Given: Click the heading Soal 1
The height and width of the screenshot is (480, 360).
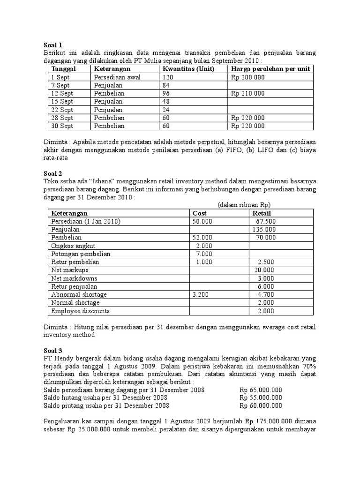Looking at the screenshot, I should pos(52,45).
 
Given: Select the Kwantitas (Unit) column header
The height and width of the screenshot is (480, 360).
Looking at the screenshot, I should pos(188,69).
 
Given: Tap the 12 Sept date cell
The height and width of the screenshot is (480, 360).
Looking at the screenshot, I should pos(60,93).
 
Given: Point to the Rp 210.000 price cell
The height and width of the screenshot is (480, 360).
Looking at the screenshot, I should pos(248,93).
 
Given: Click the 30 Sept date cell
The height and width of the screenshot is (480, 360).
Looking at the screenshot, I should pos(61,126).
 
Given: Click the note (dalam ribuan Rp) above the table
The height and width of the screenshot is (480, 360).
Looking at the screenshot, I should pos(244,205).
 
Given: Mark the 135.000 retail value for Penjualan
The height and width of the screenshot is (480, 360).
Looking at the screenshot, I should pos(266,230).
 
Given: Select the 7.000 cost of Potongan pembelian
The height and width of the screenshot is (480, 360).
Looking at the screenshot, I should pos(204,254).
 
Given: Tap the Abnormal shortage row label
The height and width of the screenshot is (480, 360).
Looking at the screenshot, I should pos(79,294).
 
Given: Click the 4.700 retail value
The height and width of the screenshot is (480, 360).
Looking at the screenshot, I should pos(266,294).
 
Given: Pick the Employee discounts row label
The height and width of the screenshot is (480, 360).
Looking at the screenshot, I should pos(80,311).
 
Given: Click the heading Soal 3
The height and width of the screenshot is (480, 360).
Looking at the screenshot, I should pos(52,350).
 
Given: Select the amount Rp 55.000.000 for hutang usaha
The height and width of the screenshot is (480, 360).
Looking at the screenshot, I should pos(261,398).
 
